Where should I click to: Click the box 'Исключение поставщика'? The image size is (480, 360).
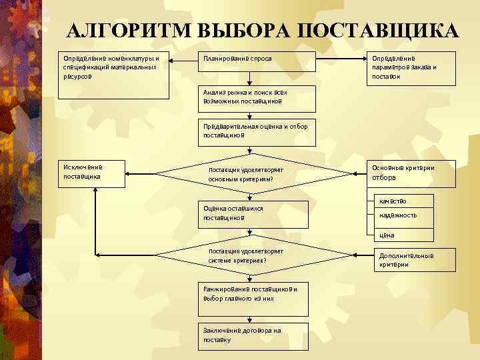coord(91,173)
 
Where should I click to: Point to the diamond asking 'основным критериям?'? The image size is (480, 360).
coord(253,174)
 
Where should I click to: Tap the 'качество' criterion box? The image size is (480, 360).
coord(400,201)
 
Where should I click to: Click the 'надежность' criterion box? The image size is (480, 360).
coord(400,216)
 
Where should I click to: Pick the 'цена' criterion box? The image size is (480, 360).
coord(400,235)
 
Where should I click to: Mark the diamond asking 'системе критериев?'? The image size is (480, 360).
coord(253,256)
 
